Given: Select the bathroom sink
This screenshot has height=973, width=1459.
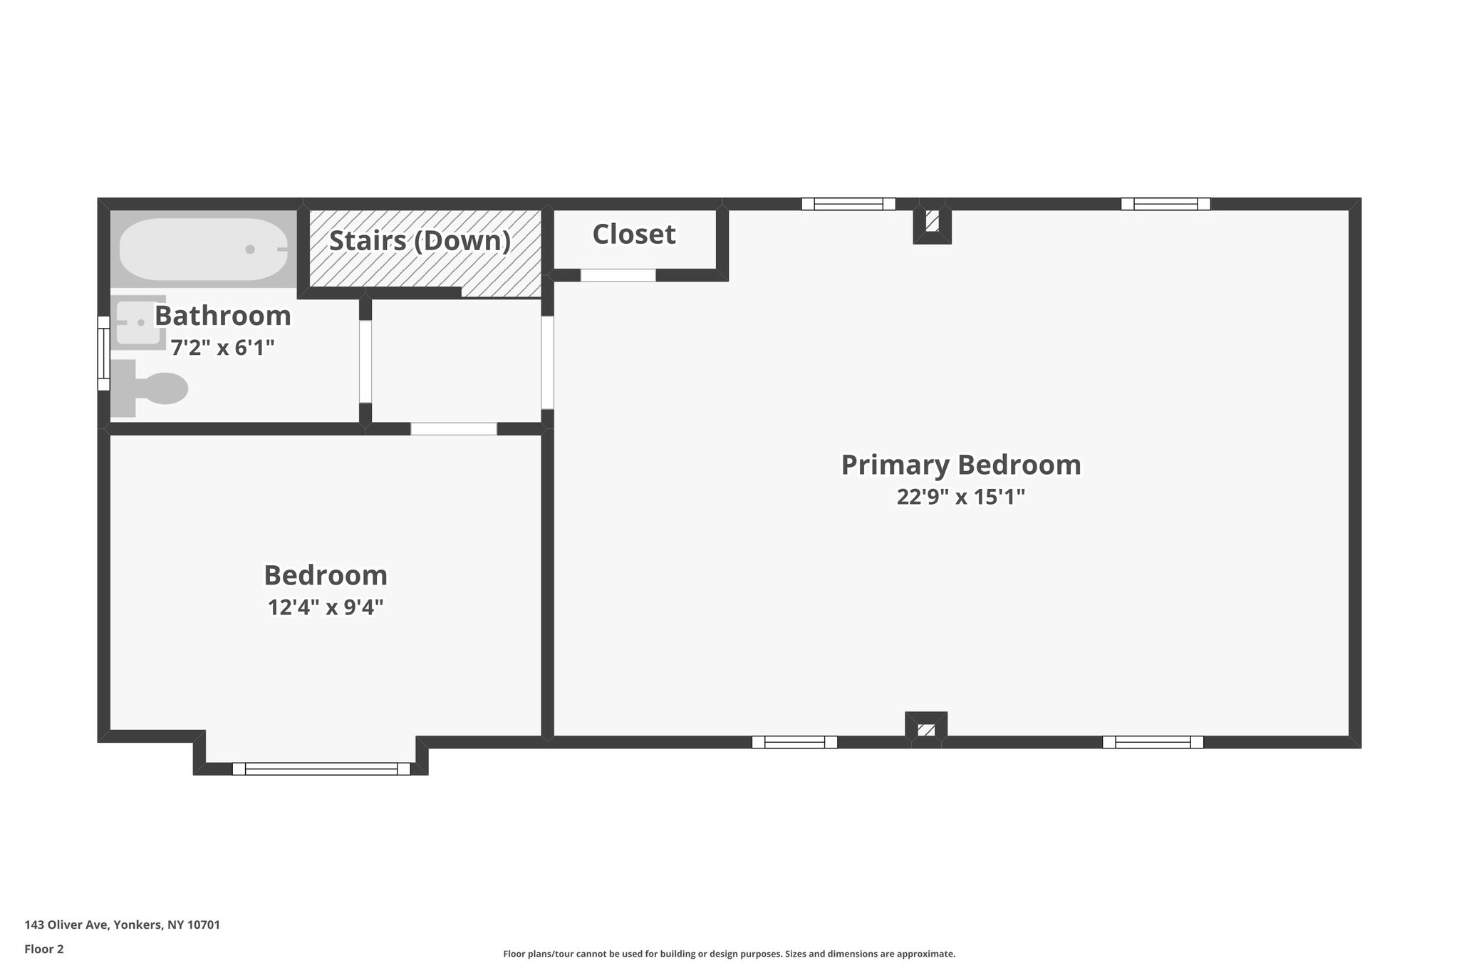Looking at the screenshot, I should [x=139, y=322].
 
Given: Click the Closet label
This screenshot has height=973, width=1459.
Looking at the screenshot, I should [x=634, y=235].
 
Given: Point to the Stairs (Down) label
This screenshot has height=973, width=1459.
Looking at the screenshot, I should [x=420, y=241].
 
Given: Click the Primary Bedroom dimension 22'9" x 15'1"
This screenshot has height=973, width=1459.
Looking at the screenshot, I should [x=960, y=497].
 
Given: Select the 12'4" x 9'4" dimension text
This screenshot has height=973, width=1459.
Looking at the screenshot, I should [x=326, y=607].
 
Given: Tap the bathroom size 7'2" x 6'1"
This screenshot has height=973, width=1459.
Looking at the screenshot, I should [x=222, y=348].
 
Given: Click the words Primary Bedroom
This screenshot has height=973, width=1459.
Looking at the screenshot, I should [x=960, y=465].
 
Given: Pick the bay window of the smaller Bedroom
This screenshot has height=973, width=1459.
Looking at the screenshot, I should [x=321, y=769].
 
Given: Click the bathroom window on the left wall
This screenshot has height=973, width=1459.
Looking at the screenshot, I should [x=104, y=354].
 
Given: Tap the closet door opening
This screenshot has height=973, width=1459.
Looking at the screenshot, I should [x=618, y=275].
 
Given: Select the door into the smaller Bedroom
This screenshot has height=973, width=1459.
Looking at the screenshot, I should [x=454, y=429].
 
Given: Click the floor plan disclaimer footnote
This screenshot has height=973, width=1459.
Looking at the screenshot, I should [x=729, y=954].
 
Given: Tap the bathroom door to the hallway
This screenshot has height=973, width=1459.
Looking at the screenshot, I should [x=365, y=361].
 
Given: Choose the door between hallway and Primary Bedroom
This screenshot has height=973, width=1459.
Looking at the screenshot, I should [x=547, y=362].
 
